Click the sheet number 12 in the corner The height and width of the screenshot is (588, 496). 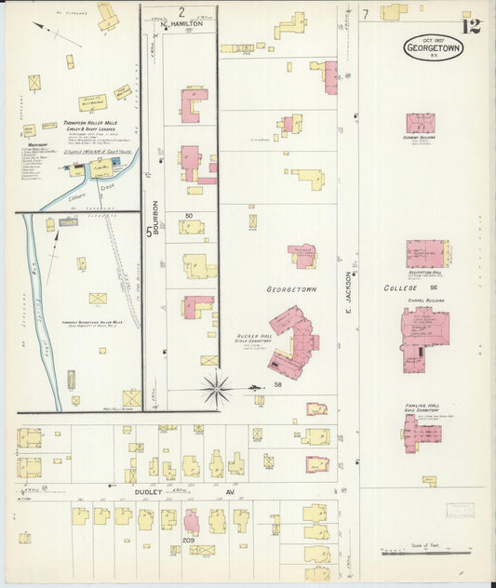click(x=471, y=25)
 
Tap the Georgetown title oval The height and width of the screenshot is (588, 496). click(x=434, y=47)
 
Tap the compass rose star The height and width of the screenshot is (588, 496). click(x=217, y=388)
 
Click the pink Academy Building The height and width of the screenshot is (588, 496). click(x=420, y=123)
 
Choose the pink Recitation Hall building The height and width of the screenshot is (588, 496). click(x=426, y=254)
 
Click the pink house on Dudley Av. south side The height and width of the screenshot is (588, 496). click(x=192, y=522)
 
